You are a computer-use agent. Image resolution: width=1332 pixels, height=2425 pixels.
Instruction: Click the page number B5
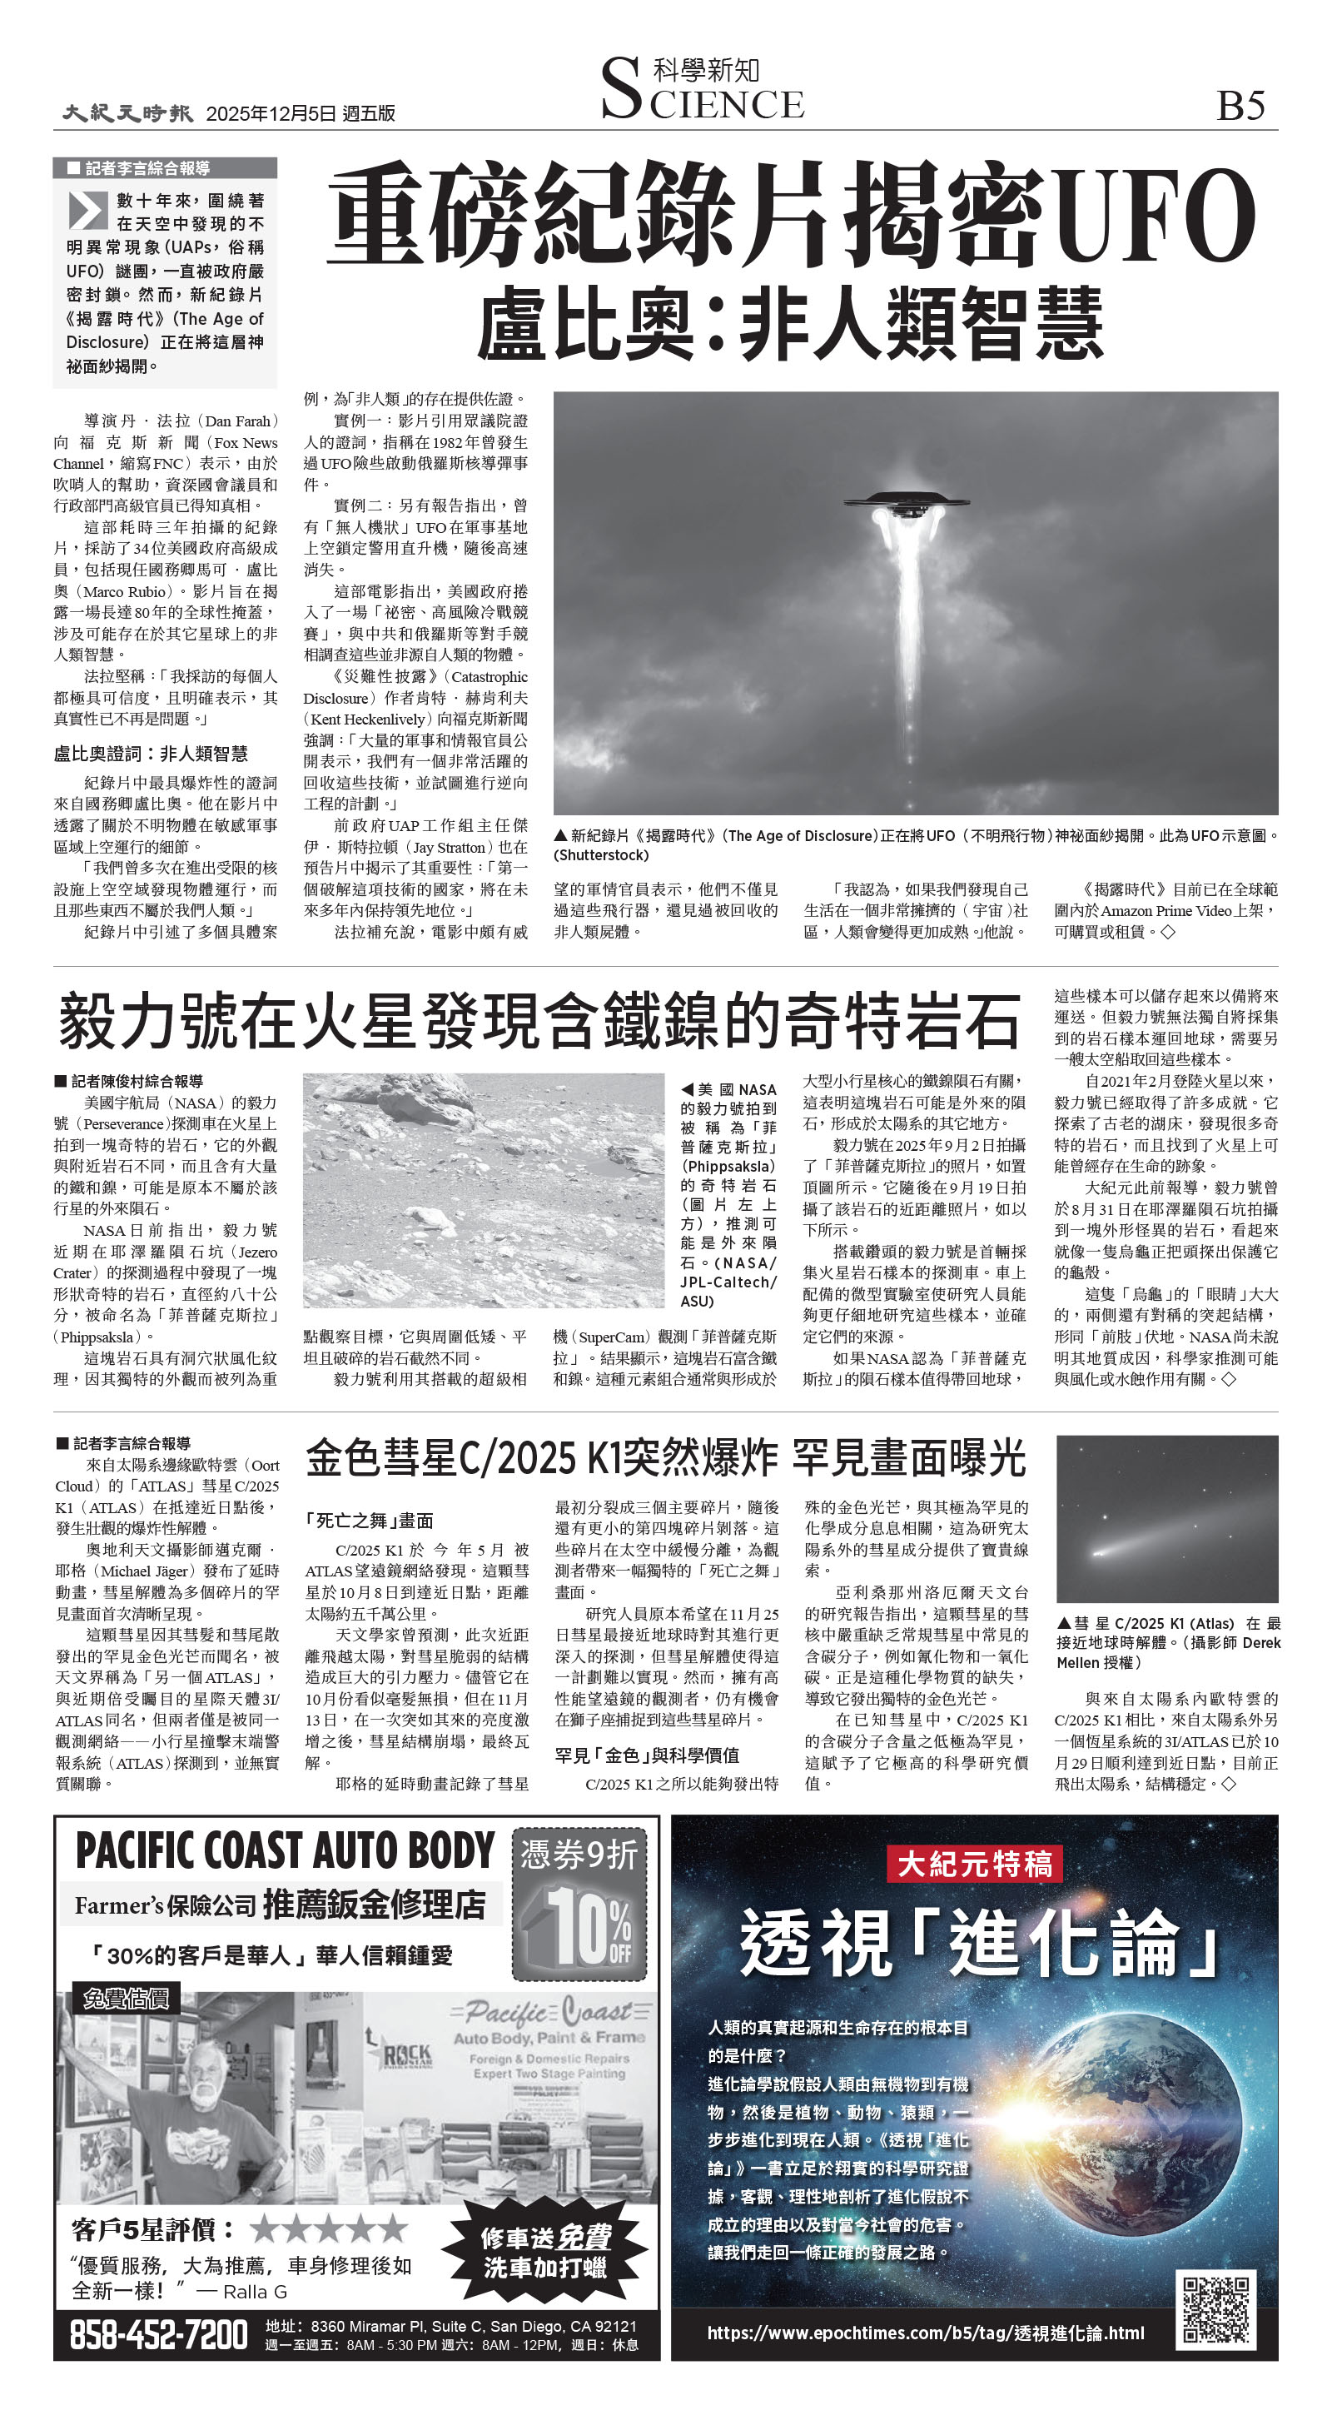pos(1240,106)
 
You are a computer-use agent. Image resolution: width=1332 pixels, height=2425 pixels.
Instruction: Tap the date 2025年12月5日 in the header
pos(271,114)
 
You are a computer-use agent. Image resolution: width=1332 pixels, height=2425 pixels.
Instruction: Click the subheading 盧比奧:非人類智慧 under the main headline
pos(789,325)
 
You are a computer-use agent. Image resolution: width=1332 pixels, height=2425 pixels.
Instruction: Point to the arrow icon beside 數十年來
pos(88,210)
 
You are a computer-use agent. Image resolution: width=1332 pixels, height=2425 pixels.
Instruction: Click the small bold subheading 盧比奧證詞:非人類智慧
pos(151,753)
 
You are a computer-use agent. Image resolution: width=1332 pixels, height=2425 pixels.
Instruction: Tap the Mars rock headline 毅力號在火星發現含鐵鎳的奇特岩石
pos(539,1022)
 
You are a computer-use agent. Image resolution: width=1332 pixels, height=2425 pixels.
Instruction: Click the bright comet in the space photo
pos(1101,1551)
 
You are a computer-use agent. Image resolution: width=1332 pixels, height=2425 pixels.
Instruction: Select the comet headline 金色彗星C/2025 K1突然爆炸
pos(541,1458)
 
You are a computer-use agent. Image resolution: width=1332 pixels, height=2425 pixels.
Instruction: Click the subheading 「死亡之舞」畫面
pos(369,1521)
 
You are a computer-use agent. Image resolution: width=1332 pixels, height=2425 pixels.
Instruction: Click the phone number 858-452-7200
pos(158,2334)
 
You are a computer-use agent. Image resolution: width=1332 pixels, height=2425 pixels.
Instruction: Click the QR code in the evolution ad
pos(1216,2308)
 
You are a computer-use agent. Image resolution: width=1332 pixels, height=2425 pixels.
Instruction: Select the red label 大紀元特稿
pos(973,1863)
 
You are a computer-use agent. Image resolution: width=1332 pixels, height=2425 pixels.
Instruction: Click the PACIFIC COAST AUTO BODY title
pos(284,1850)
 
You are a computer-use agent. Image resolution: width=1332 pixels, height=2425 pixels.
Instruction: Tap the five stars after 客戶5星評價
pos(330,2228)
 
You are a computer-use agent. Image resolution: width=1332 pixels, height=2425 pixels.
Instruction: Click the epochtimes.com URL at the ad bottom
pos(926,2332)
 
